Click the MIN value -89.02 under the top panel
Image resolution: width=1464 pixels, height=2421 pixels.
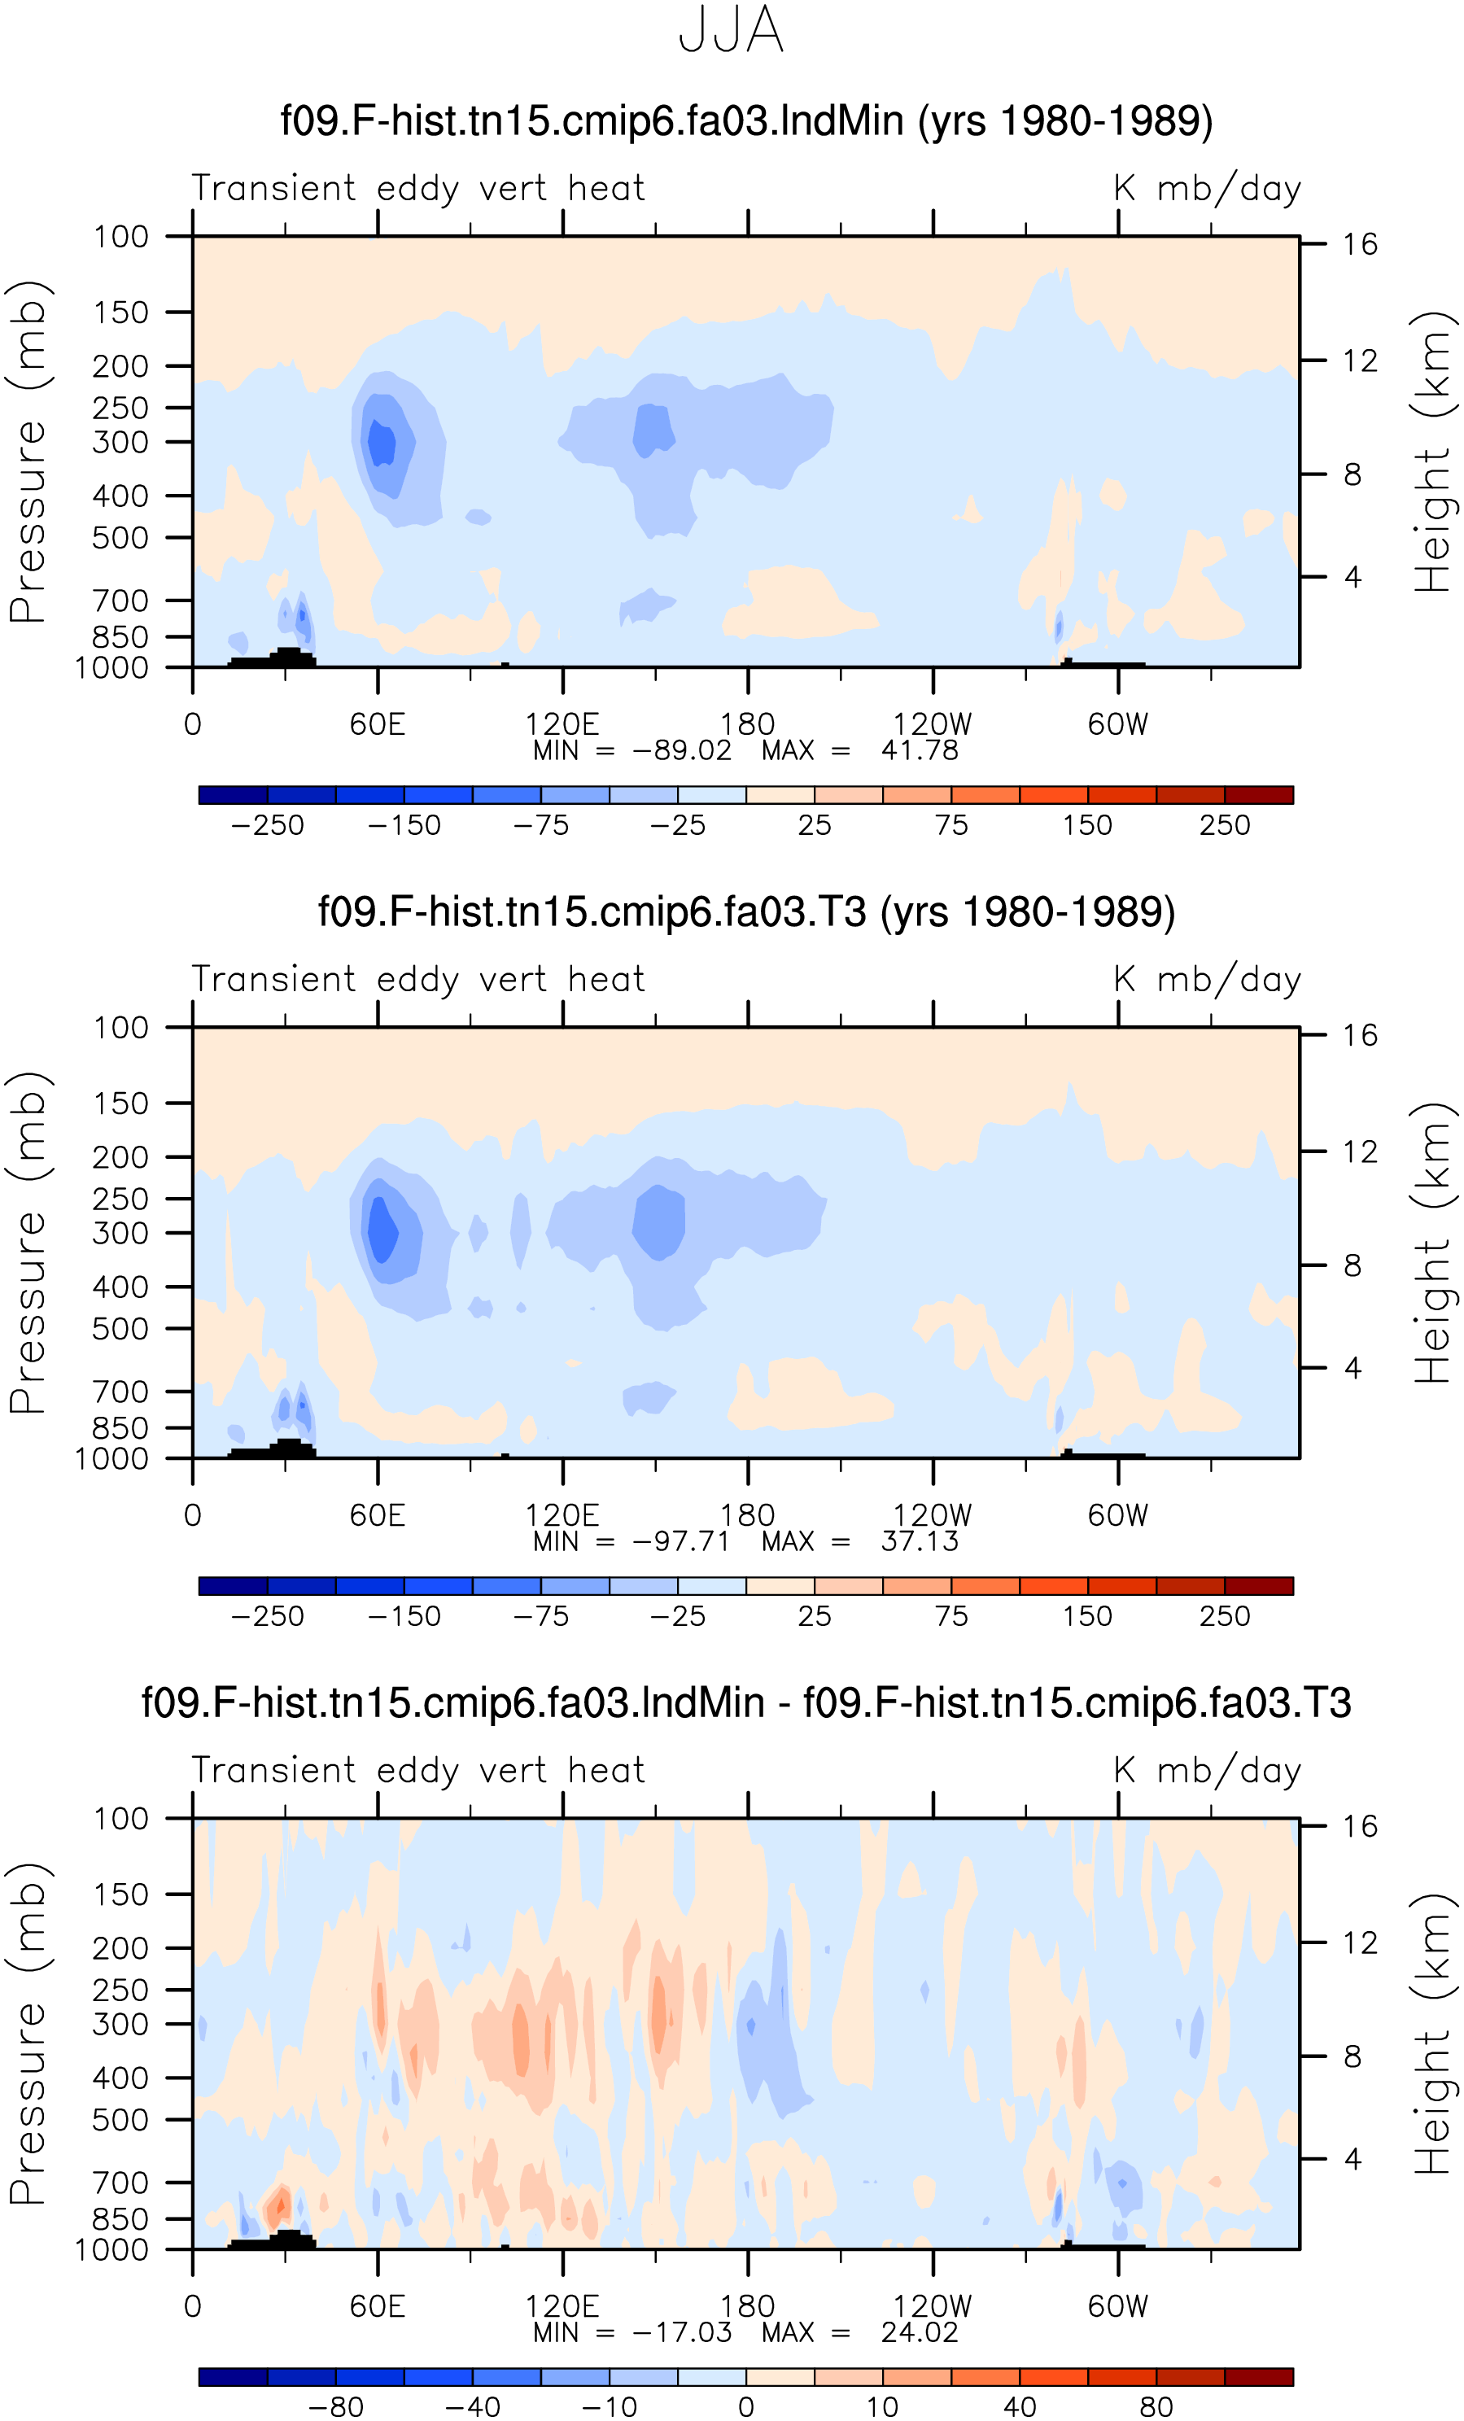click(682, 750)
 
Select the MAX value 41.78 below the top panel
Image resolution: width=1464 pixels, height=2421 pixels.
click(920, 750)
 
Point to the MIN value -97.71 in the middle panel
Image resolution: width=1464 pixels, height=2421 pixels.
click(682, 1541)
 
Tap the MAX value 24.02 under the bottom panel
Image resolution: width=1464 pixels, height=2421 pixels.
click(920, 2332)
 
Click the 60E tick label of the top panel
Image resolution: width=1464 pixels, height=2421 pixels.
click(378, 724)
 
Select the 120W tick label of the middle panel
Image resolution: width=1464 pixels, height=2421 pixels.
click(933, 1515)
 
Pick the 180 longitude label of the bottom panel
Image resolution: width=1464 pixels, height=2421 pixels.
click(748, 2306)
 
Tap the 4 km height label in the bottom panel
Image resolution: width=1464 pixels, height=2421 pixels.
click(1353, 2160)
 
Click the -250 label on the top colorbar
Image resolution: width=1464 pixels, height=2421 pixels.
click(267, 825)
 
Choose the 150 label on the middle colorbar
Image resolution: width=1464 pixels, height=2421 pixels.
click(1088, 1616)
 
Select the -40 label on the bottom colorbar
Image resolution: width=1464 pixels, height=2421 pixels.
click(473, 2407)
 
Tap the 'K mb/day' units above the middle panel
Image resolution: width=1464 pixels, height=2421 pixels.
click(1208, 981)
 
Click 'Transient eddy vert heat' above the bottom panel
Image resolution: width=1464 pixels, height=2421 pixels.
click(418, 1772)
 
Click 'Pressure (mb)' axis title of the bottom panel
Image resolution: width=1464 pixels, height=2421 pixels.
click(28, 2034)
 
